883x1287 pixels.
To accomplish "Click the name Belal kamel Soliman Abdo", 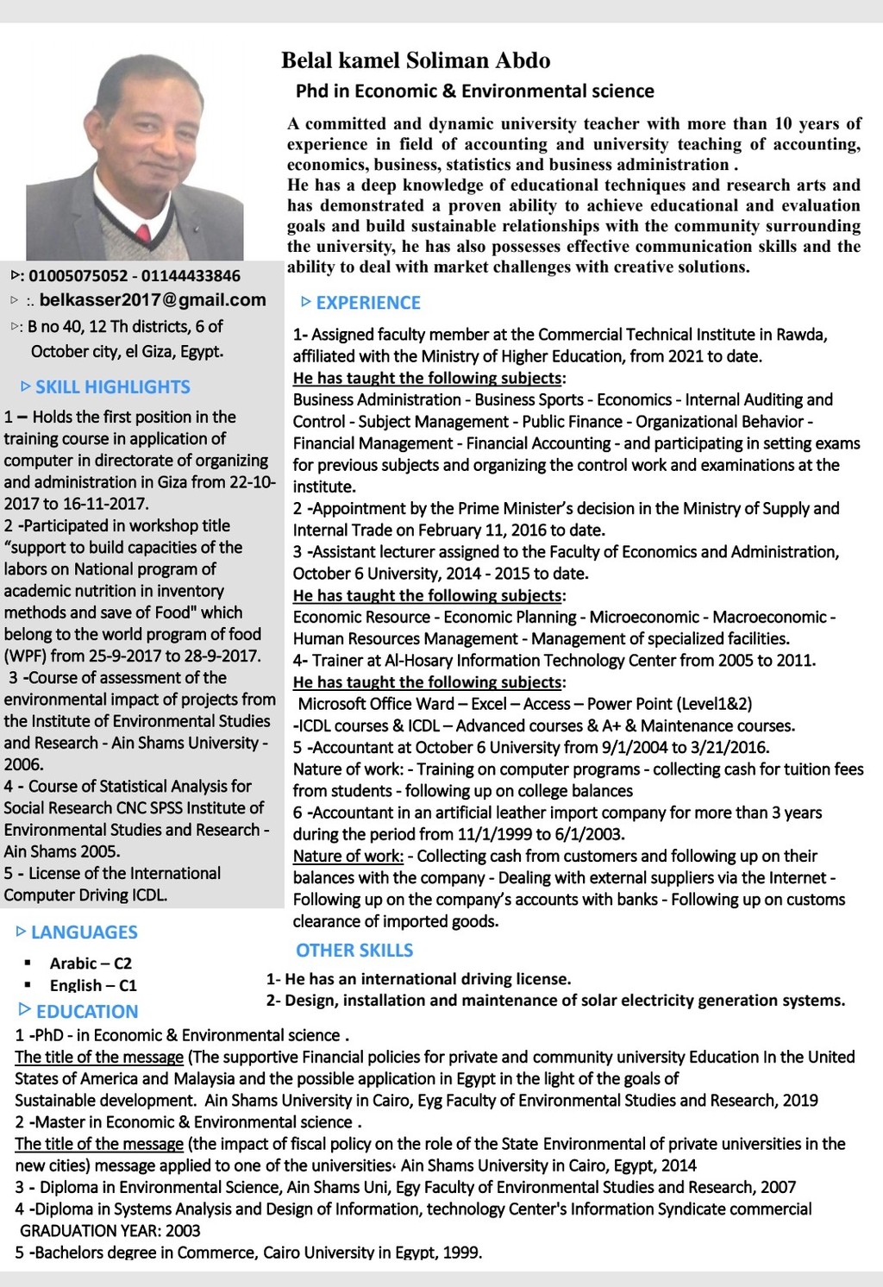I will click(416, 60).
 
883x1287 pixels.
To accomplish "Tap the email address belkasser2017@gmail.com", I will click(153, 300).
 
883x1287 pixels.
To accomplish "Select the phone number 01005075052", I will click(78, 276).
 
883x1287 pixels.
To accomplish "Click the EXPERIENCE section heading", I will click(368, 303).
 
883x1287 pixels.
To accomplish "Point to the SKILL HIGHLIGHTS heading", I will click(113, 386).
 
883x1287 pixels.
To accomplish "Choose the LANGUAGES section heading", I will click(85, 932).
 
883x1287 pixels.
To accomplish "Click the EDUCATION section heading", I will click(87, 1011).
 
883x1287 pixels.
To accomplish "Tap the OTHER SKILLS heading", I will click(354, 950).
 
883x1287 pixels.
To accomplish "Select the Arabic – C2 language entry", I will click(91, 963).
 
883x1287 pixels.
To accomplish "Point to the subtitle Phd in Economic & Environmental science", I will click(475, 91).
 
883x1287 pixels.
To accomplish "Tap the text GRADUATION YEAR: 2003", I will click(110, 1230).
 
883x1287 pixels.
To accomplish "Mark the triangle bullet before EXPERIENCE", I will click(305, 302).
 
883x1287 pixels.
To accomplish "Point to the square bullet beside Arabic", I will click(28, 963).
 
